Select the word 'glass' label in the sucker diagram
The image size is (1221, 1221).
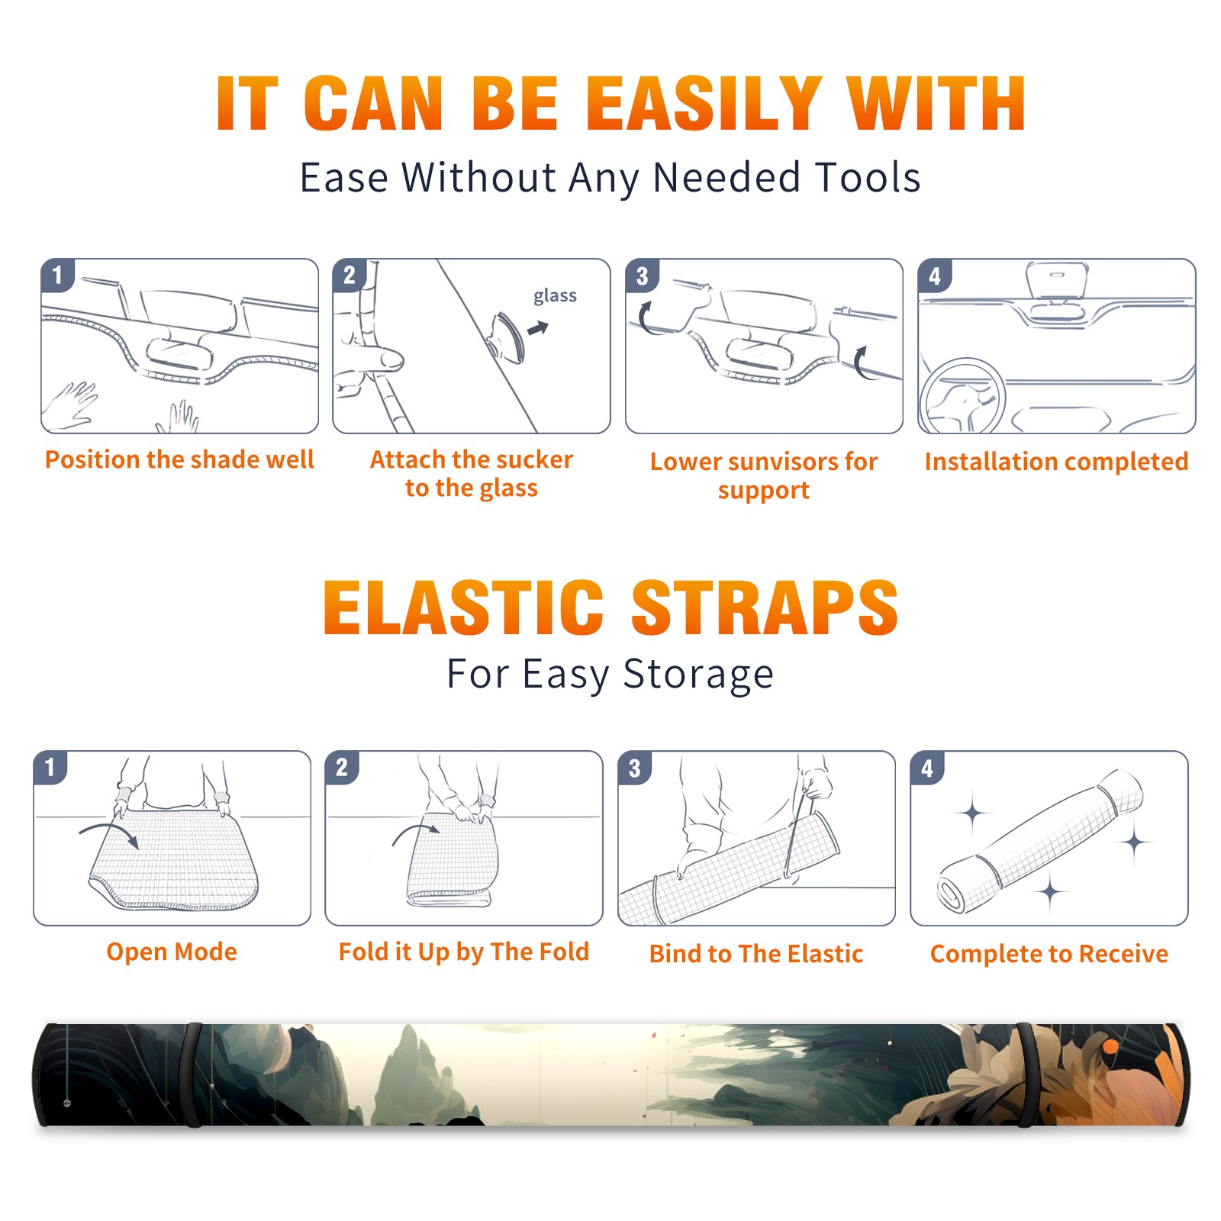[x=555, y=295]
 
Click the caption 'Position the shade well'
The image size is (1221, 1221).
[x=179, y=459]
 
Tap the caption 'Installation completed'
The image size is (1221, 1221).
[x=1056, y=461]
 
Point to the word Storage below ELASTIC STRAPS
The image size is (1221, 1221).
[x=698, y=675]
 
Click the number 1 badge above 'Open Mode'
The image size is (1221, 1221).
[x=50, y=768]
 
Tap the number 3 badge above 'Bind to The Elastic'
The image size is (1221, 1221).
[x=635, y=768]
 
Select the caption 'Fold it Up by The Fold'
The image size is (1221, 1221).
[x=464, y=952]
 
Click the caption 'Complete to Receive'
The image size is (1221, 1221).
[x=1049, y=954]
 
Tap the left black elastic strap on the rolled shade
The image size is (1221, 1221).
[x=193, y=1074]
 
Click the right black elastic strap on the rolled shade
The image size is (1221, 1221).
[x=1026, y=1074]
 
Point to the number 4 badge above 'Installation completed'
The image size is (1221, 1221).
[x=935, y=275]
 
